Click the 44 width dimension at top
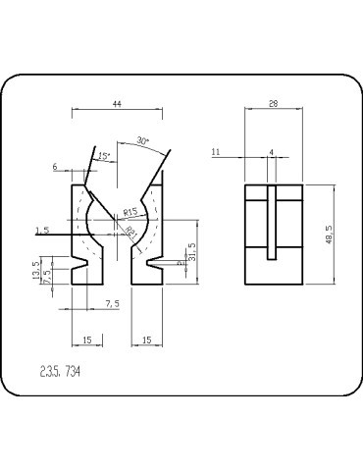(x=117, y=103)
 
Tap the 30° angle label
(x=144, y=139)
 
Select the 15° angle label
(x=104, y=155)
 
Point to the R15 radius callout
(x=130, y=211)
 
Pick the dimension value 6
(x=55, y=168)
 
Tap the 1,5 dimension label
(x=41, y=230)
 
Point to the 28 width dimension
(x=273, y=103)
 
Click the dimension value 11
(x=215, y=152)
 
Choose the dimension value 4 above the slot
(x=271, y=152)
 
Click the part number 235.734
(x=59, y=373)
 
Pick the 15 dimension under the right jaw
(x=145, y=340)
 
